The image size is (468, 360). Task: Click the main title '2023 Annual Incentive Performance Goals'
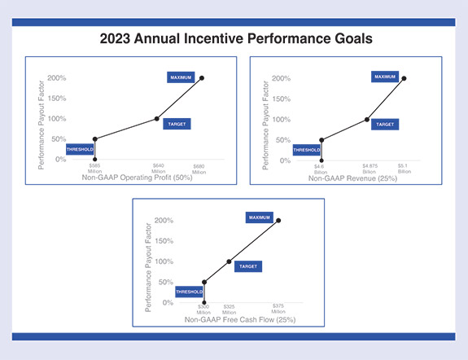[x=234, y=37]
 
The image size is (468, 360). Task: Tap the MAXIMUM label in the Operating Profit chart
[x=181, y=77]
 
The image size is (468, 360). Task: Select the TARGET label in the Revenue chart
[x=385, y=125]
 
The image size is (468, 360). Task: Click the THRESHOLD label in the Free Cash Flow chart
[x=188, y=290]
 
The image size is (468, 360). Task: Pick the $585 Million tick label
[x=96, y=169]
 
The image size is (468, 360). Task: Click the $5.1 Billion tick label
[x=404, y=169]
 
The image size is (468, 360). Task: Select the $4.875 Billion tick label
[x=369, y=169]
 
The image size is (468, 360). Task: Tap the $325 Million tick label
[x=229, y=310]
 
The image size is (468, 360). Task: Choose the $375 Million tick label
[x=278, y=310]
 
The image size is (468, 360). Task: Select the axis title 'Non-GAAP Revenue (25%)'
[x=353, y=178]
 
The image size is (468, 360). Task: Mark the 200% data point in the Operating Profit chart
[x=202, y=78]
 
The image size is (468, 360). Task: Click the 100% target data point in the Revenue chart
[x=367, y=119]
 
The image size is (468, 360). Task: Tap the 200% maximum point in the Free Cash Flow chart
[x=278, y=220]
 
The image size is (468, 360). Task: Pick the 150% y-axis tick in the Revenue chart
[x=280, y=99]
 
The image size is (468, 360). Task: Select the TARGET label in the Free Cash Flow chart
[x=247, y=266]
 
